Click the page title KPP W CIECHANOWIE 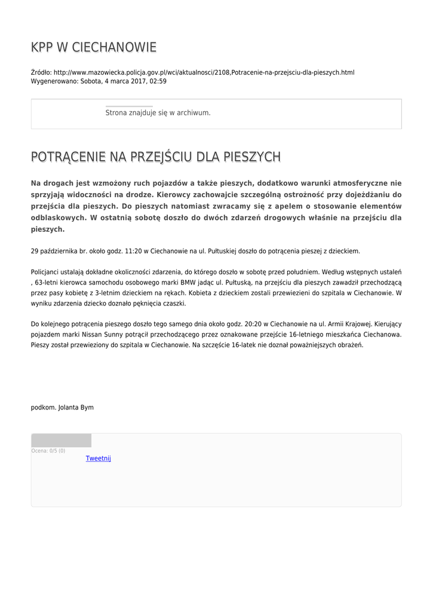94,47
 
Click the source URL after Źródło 204,72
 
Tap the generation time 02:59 158,81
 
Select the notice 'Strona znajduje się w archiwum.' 158,112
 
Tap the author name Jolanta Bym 76,408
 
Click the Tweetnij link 99,458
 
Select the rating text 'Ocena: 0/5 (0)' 48,451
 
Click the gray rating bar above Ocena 61,440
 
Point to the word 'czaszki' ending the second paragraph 175,304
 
